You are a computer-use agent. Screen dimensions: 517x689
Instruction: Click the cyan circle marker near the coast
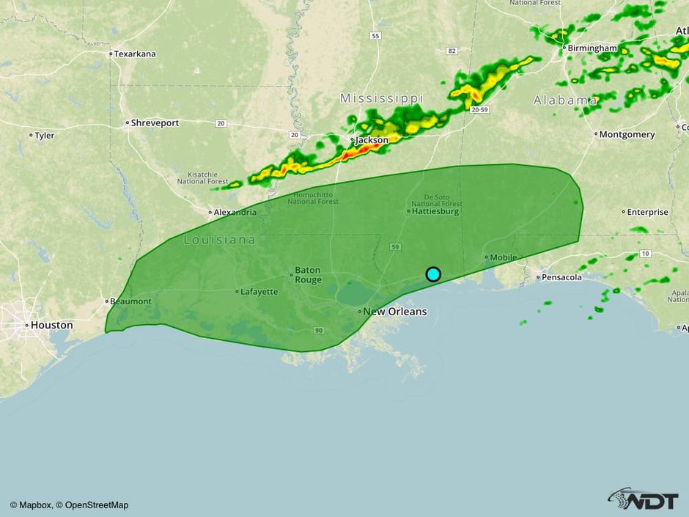pos(433,274)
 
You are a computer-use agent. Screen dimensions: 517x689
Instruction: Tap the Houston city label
pos(51,325)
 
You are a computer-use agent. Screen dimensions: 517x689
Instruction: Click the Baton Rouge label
pos(308,274)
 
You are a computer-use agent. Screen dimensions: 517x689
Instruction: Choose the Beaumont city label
pos(130,301)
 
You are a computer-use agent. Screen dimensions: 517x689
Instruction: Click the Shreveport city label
pos(155,123)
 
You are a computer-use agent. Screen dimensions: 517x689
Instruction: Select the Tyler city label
pos(44,136)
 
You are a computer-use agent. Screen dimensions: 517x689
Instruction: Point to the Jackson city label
pos(372,140)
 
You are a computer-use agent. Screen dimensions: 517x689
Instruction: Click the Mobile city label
pos(504,257)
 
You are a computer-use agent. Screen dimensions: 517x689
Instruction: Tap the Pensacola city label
pos(561,277)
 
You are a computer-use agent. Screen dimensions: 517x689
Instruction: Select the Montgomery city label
pos(626,135)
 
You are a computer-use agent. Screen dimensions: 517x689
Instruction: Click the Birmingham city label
pos(592,48)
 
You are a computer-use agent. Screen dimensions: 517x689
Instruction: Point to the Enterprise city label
pos(648,212)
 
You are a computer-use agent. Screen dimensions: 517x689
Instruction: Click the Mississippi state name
pos(382,98)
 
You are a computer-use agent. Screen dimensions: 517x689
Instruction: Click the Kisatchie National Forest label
pos(202,177)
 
